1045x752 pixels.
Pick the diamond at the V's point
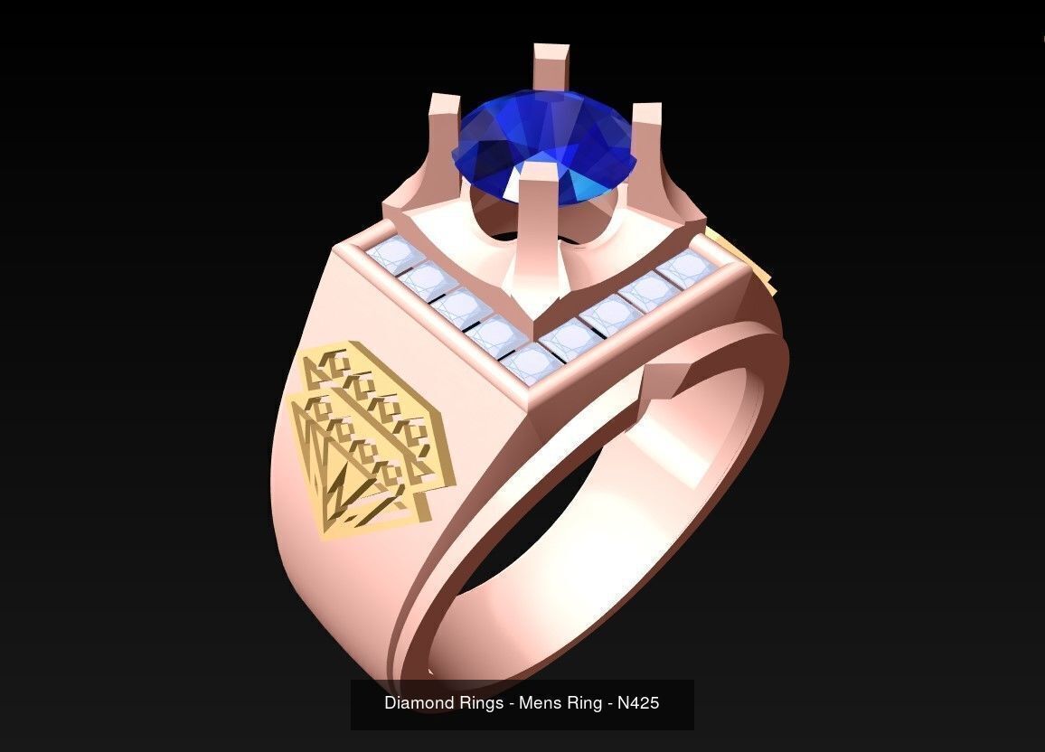coord(531,362)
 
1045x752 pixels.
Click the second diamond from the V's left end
coord(427,279)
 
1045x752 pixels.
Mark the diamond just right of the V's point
coord(570,339)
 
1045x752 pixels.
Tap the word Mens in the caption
coord(540,702)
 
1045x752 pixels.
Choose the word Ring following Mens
coord(583,702)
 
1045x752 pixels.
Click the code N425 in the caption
coord(638,702)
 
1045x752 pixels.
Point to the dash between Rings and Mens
coord(511,702)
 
